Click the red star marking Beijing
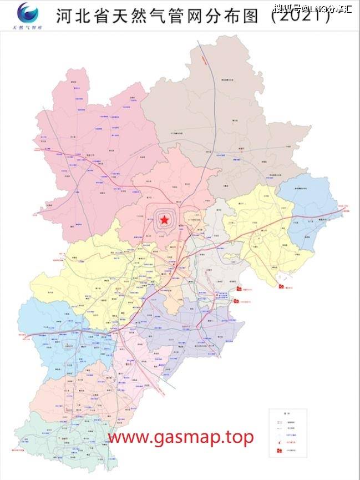tap(164, 220)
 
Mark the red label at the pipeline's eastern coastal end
tap(347, 211)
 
